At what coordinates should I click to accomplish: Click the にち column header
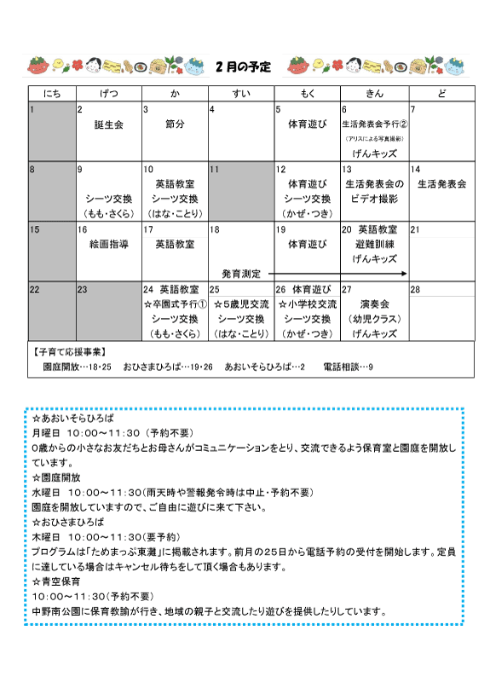pos(51,92)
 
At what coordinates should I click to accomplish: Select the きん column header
pos(373,92)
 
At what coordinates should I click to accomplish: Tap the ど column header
pos(441,92)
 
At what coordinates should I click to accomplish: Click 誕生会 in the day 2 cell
pos(108,124)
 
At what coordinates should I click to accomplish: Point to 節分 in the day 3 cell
pos(175,124)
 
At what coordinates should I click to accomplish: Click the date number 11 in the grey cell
pos(216,170)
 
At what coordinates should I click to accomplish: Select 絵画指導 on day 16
pos(108,244)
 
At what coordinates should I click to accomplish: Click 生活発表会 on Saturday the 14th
pos(441,184)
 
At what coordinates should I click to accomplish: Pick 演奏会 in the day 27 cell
pos(374,304)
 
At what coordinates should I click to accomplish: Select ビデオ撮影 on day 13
pos(374,199)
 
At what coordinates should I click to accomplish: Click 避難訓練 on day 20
pos(374,244)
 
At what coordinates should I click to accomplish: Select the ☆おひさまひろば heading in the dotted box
pos(67,520)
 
